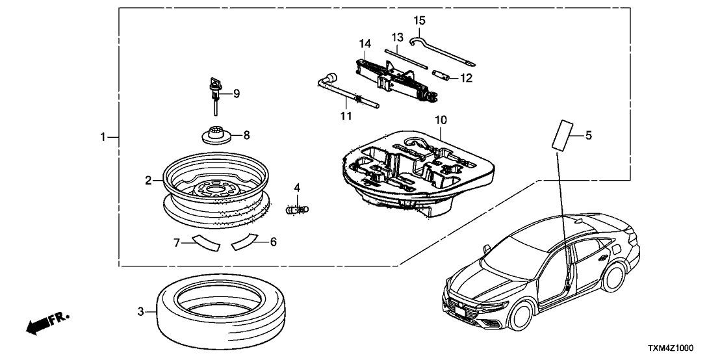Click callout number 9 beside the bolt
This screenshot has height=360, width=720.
(x=237, y=94)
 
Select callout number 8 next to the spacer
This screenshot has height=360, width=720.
(x=246, y=136)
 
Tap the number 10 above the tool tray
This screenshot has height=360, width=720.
(x=441, y=121)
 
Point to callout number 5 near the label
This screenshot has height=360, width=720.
(x=588, y=136)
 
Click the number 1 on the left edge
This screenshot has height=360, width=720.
(x=102, y=137)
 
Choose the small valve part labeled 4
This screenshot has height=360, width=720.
(x=298, y=209)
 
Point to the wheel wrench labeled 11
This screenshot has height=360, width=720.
(x=344, y=92)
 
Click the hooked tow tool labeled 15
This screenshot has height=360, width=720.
(x=442, y=51)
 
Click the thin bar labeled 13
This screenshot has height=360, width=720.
(x=405, y=58)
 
